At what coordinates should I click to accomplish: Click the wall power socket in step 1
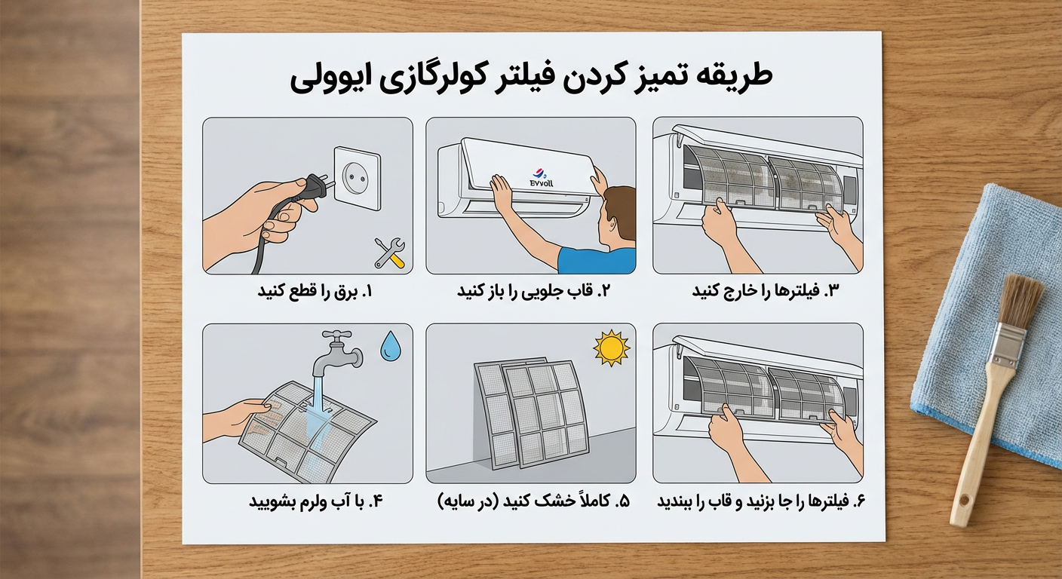tap(355, 178)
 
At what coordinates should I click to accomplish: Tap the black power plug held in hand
tap(311, 191)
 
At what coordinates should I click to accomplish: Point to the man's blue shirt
tap(597, 261)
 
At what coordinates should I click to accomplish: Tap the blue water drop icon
tap(390, 348)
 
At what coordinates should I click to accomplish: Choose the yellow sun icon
tap(610, 347)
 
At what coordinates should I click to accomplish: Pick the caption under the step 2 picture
tap(533, 291)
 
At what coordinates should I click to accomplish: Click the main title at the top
tap(531, 78)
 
